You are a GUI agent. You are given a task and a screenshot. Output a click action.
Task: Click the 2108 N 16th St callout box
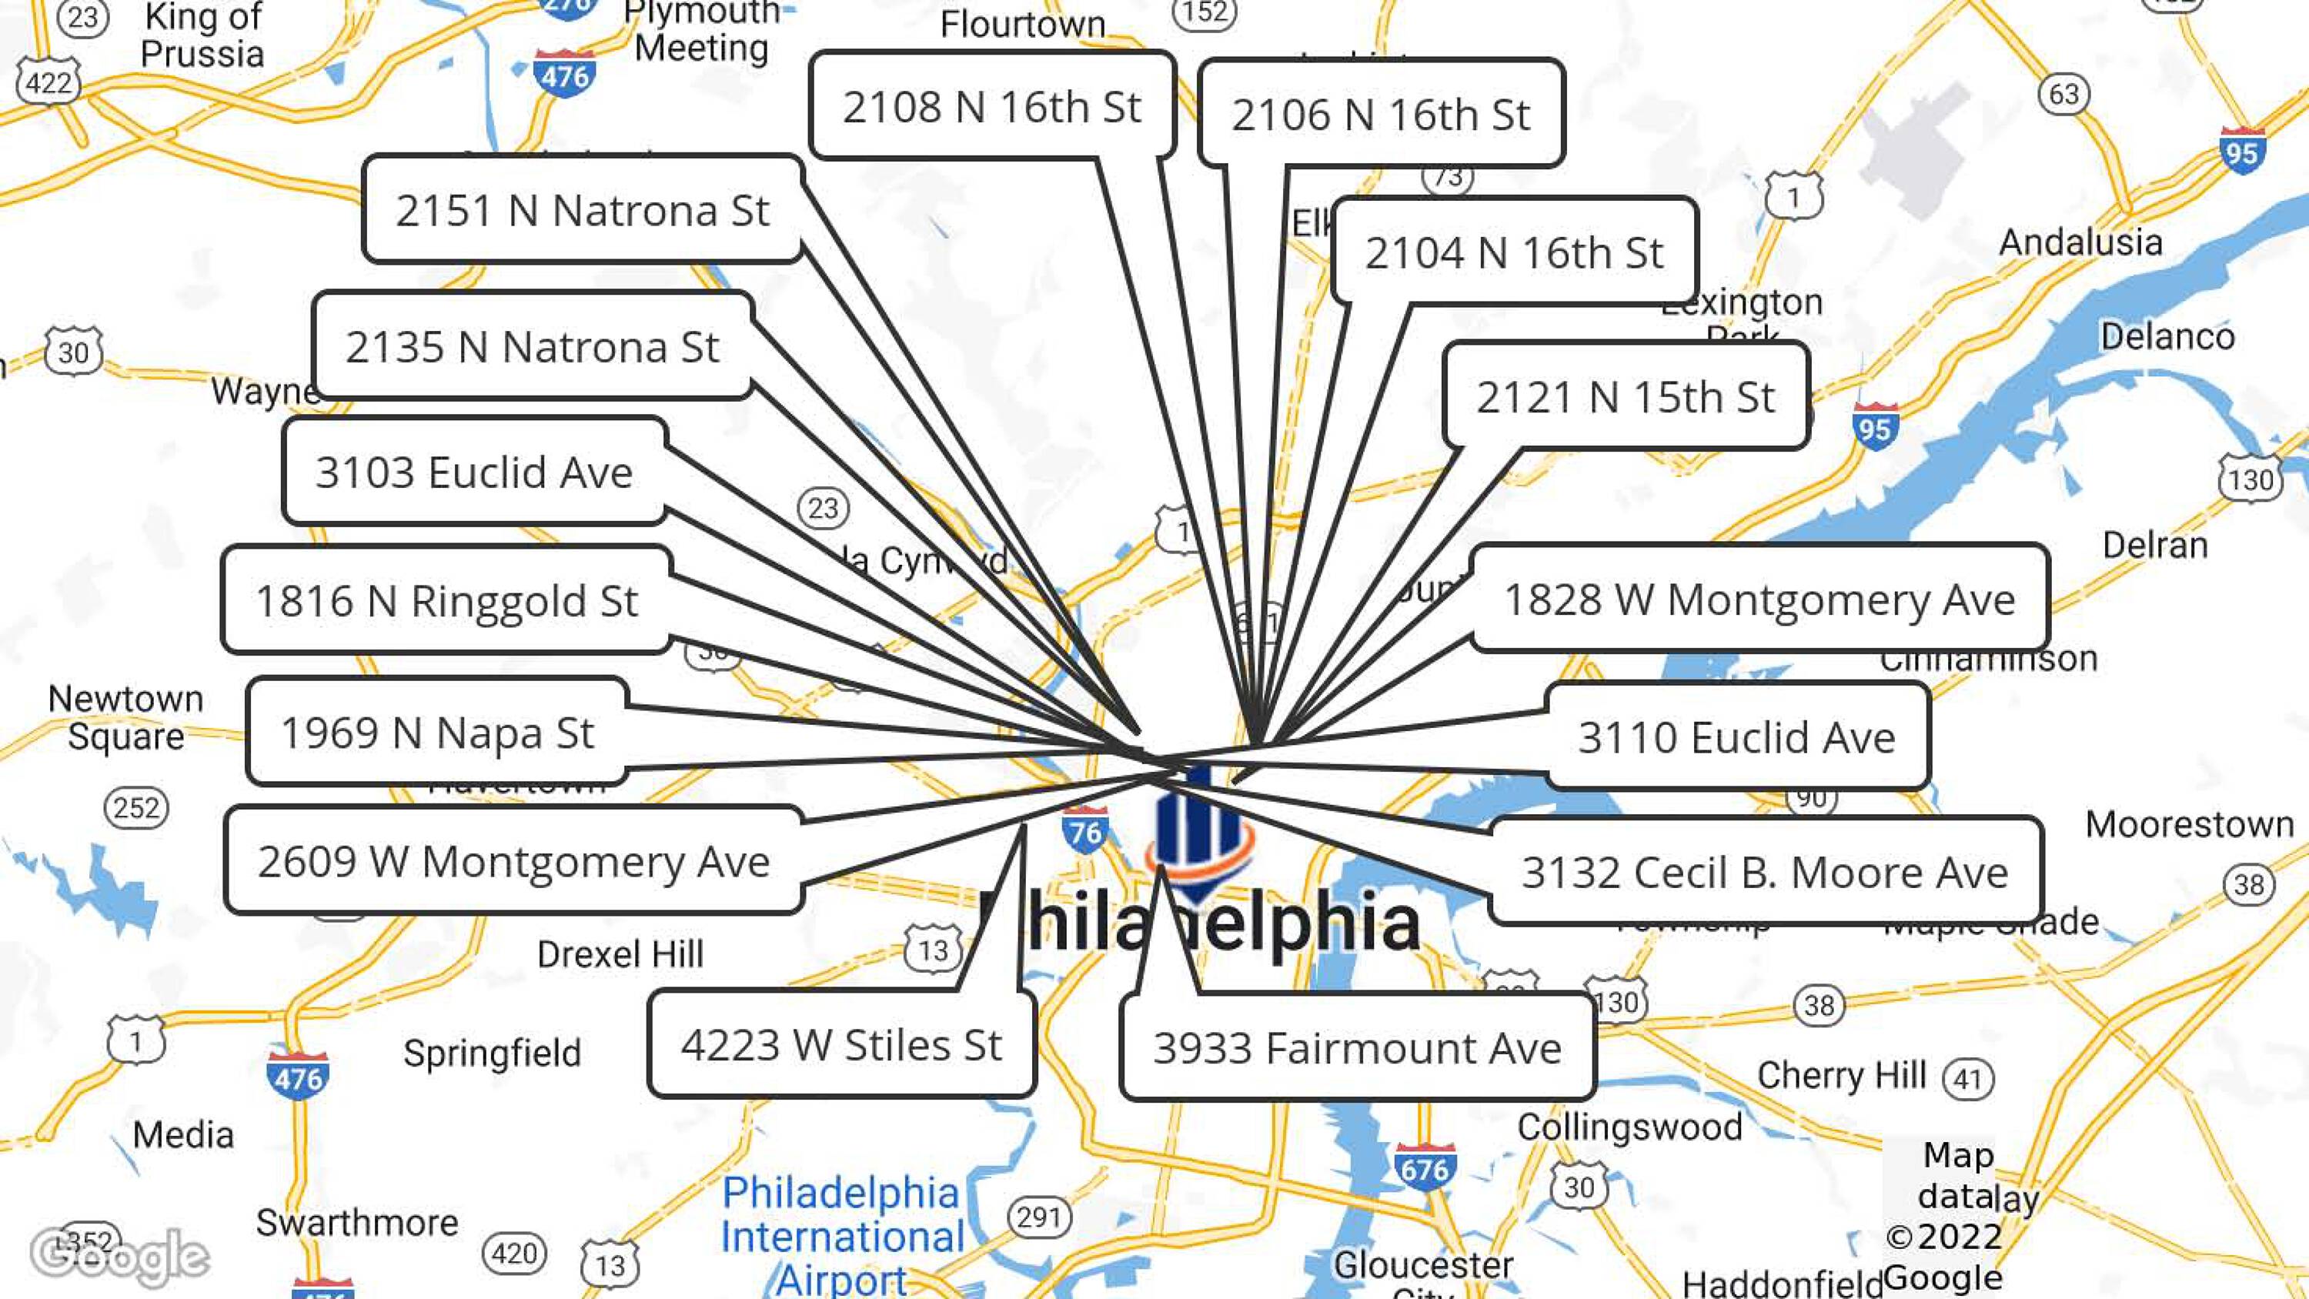click(991, 107)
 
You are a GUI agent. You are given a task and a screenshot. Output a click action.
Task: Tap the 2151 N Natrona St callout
click(583, 211)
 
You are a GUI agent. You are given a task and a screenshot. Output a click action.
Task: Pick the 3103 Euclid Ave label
click(474, 472)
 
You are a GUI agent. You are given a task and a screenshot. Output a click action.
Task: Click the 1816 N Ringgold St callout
click(446, 599)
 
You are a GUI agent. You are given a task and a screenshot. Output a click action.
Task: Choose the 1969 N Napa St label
click(437, 733)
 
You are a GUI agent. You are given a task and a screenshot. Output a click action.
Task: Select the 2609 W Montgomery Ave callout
click(513, 860)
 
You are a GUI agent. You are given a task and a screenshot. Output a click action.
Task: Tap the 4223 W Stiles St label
click(840, 1044)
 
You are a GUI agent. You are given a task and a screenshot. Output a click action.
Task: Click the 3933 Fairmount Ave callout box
click(1357, 1047)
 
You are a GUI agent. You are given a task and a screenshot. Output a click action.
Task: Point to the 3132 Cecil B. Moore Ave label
click(1765, 871)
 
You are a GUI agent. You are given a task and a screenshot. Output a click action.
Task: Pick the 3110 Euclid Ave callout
click(1736, 737)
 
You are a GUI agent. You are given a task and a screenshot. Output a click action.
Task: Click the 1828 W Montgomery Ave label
click(1759, 599)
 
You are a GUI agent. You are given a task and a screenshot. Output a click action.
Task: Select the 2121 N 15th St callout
click(1625, 396)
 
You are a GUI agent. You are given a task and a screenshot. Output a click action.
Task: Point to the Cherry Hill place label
click(1841, 1075)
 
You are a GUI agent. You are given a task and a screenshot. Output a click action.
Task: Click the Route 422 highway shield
click(48, 83)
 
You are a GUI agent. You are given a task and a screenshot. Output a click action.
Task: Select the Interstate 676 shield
click(1425, 1167)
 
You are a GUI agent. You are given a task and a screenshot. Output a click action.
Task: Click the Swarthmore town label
click(357, 1222)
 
